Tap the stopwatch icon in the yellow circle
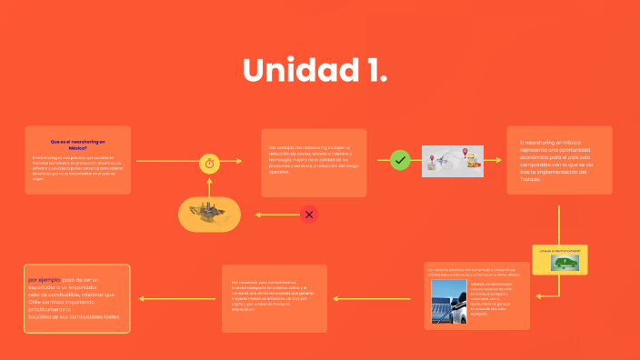coord(210,163)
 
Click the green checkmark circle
coord(400,161)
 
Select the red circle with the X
coord(309,215)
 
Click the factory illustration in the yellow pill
coord(209,214)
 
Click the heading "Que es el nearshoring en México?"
coord(78,144)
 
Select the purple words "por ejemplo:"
coord(45,279)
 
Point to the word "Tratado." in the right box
coord(530,179)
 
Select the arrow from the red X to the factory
coord(273,215)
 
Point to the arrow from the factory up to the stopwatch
coord(210,186)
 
